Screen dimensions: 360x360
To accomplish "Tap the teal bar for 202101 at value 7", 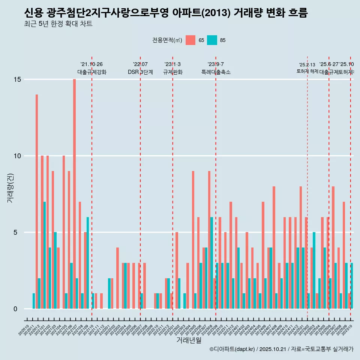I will pyautogui.click(x=45, y=255).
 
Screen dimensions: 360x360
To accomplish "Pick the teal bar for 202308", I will pyautogui.click(x=211, y=262).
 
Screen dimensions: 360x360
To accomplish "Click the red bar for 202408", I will pyautogui.click(x=274, y=247).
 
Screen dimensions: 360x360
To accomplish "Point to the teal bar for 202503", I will pyautogui.click(x=314, y=270).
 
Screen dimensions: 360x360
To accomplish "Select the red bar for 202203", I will pyautogui.click(x=117, y=278).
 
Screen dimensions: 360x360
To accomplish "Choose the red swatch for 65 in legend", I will pyautogui.click(x=190, y=40).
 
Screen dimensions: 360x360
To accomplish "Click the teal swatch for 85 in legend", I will pyautogui.click(x=212, y=40).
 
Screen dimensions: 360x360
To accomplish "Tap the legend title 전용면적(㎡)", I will pyautogui.click(x=167, y=40).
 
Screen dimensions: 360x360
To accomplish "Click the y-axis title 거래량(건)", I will pyautogui.click(x=10, y=187).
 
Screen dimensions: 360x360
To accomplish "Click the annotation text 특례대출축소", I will pyautogui.click(x=216, y=72).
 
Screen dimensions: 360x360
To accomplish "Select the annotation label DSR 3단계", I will pyautogui.click(x=140, y=72).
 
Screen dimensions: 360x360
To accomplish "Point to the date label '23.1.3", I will pyautogui.click(x=172, y=64).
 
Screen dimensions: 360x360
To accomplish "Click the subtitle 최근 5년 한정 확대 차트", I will pyautogui.click(x=58, y=24).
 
